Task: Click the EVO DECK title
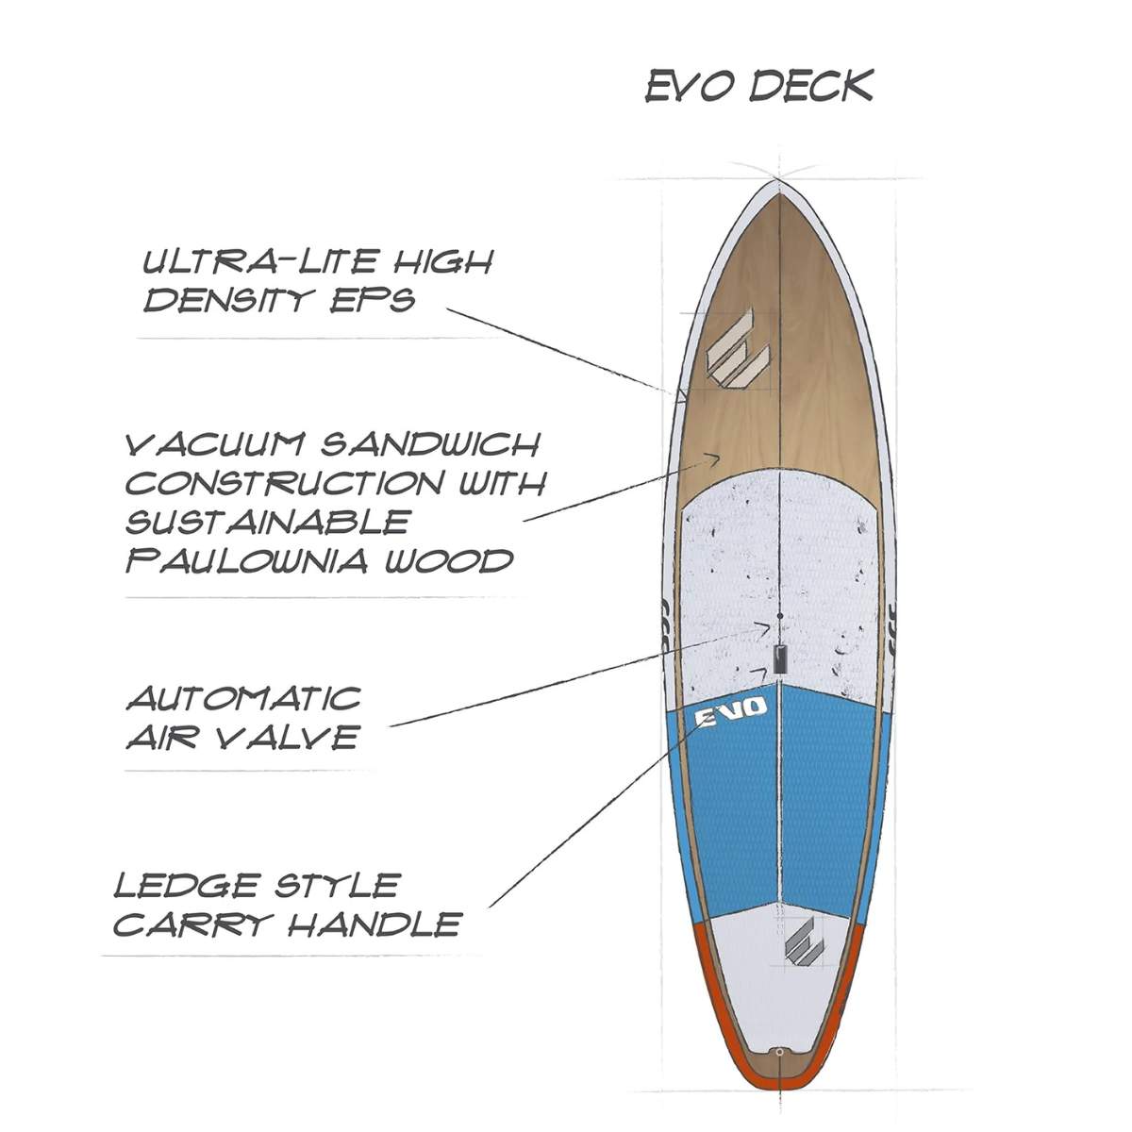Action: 759,86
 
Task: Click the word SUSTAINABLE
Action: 268,522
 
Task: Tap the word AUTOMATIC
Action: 244,699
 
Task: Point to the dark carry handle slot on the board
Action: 779,658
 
